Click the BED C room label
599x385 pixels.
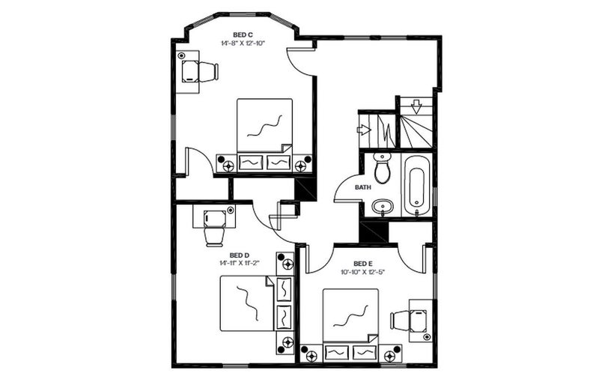tap(243, 35)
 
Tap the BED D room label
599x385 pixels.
tap(240, 255)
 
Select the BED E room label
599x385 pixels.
tap(363, 264)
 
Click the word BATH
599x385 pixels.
tap(363, 187)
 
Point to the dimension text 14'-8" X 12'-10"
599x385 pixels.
tap(243, 43)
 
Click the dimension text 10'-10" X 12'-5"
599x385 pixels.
tap(362, 272)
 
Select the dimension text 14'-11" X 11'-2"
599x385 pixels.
tap(240, 263)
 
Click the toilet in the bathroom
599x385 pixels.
tap(382, 169)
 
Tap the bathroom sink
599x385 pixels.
tap(383, 207)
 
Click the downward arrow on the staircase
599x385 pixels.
tap(416, 106)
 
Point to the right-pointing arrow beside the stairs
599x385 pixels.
tap(364, 130)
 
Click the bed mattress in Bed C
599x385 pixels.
tap(264, 125)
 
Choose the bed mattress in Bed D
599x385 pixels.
tap(247, 303)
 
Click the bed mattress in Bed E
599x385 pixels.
tap(350, 315)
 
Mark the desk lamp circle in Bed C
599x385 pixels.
tap(181, 55)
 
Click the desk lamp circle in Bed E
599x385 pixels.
tap(427, 337)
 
